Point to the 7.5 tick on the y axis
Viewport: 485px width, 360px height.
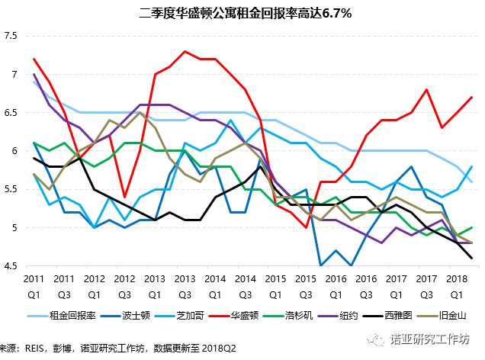[11, 36]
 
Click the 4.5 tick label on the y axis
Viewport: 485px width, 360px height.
[11, 265]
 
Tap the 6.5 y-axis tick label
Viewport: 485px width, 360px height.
[11, 113]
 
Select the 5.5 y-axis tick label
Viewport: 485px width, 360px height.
[11, 189]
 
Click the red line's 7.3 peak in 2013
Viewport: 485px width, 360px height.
[185, 51]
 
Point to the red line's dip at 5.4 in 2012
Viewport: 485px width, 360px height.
[125, 197]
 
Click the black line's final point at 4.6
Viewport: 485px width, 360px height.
[471, 258]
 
